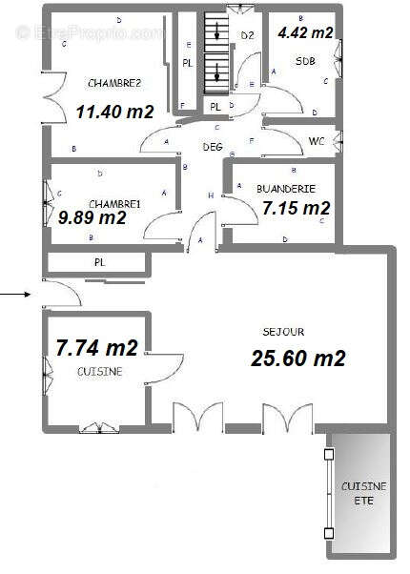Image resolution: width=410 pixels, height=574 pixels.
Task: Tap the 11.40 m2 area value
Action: click(x=114, y=112)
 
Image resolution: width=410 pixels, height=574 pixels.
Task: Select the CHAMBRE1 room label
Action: click(x=114, y=204)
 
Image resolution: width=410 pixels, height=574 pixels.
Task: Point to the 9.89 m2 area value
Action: click(x=92, y=218)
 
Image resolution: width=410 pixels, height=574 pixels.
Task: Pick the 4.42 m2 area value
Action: click(x=305, y=32)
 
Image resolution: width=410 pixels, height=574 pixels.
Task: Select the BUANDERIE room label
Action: click(x=286, y=190)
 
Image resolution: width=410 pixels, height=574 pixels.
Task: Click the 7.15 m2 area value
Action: click(x=296, y=208)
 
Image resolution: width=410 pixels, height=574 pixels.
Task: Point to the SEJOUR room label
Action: click(x=283, y=332)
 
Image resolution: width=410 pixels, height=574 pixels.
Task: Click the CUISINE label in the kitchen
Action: click(x=99, y=372)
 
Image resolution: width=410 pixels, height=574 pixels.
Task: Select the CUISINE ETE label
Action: click(x=363, y=494)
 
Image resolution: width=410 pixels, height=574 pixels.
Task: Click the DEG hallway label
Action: click(x=212, y=148)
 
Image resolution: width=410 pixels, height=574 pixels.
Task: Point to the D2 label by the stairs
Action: click(x=246, y=35)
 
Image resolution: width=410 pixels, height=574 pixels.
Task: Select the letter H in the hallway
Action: click(x=210, y=195)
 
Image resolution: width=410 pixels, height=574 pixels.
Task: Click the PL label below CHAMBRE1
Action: click(x=98, y=261)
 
